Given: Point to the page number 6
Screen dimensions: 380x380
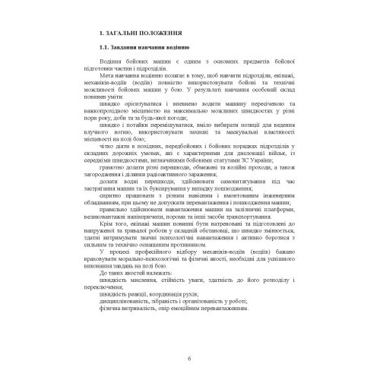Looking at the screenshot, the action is pos(189,358).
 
